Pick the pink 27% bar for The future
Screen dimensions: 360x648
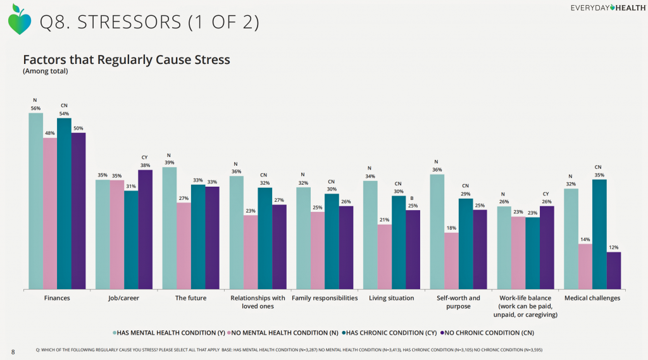184,246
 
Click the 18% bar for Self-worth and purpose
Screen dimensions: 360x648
451,261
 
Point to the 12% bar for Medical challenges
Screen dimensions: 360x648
613,271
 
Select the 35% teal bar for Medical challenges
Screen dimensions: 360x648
599,235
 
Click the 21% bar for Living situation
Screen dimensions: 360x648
384,257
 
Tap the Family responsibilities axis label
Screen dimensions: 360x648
325,298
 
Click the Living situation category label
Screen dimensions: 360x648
392,298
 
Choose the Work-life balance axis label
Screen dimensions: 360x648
525,306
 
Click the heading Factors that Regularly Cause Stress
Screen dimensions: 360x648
126,59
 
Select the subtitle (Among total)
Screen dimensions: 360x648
45,71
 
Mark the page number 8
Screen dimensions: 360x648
13,351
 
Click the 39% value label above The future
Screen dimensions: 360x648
170,163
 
